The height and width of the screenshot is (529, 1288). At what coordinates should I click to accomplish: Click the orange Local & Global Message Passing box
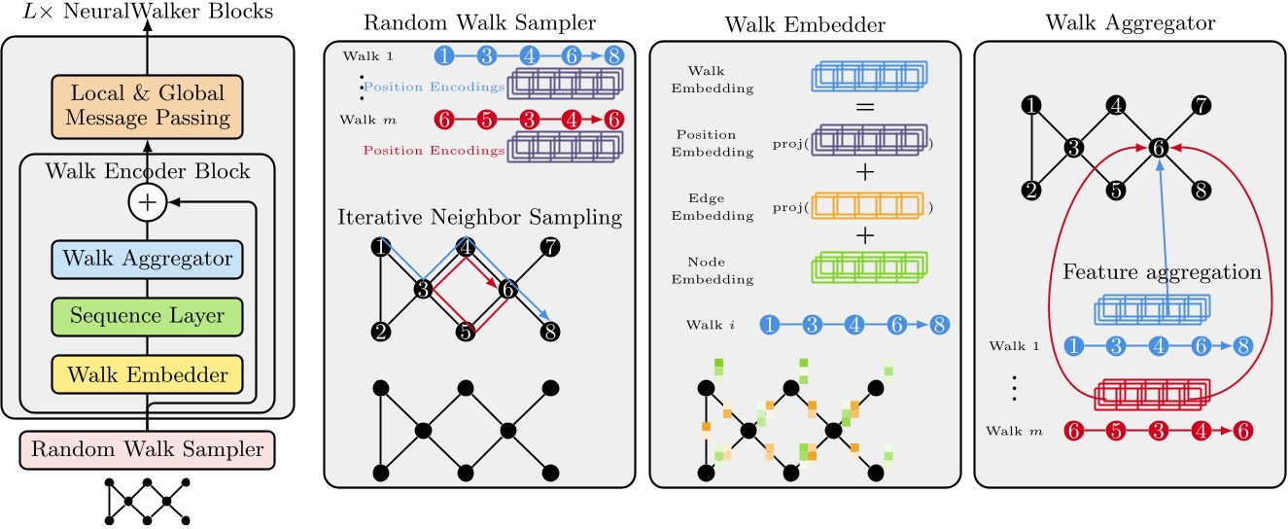pos(147,107)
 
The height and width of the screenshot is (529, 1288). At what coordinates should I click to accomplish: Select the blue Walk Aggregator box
pos(147,260)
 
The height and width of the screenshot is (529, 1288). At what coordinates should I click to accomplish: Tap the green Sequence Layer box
pos(147,316)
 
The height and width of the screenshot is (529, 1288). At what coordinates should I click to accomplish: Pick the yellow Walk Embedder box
pos(147,374)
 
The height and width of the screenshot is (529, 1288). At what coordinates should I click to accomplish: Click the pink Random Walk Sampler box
pos(147,449)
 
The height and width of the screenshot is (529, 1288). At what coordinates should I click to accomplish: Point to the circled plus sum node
pos(147,202)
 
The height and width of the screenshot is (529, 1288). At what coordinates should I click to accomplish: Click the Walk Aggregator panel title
pos(1130,23)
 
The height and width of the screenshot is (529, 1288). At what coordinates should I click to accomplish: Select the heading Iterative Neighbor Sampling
pos(479,218)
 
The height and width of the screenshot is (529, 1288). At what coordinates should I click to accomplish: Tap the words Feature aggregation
pos(1162,272)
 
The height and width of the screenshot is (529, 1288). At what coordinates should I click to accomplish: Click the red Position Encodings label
pos(434,151)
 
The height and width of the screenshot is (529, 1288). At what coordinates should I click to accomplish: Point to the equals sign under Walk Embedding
pos(865,107)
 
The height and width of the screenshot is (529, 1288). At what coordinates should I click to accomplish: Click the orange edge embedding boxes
pos(868,206)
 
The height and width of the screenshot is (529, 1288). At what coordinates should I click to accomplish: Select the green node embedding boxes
pos(869,267)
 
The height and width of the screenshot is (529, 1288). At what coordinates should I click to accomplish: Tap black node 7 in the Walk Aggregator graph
pos(1201,105)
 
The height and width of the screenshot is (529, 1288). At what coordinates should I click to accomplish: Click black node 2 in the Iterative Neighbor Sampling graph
pos(381,332)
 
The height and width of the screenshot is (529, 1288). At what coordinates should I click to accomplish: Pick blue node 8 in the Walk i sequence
pos(940,325)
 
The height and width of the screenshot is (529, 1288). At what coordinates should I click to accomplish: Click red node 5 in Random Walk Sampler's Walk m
pos(486,120)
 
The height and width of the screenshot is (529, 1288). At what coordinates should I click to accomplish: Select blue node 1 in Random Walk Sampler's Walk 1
pos(444,55)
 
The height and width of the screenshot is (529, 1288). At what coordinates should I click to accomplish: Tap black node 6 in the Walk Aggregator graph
pos(1159,148)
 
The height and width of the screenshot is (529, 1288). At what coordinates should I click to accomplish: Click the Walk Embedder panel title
pos(805,24)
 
